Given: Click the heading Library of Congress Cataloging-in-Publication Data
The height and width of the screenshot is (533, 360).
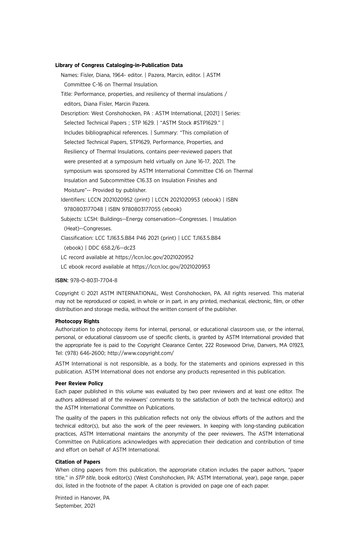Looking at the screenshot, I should click(119, 65).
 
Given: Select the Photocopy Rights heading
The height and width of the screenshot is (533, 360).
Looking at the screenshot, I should click(77, 321).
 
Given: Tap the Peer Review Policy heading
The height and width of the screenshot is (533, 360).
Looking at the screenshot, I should click(79, 383).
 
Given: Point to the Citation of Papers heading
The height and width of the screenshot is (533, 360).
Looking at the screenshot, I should click(78, 462).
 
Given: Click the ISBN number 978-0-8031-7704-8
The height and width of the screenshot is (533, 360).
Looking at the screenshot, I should click(94, 280).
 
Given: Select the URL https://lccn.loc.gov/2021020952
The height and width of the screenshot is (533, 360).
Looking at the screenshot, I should click(154, 257).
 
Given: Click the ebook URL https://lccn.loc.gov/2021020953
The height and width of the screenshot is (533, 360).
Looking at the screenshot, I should click(171, 267).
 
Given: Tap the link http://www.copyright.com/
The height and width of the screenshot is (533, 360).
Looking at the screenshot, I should click(141, 353).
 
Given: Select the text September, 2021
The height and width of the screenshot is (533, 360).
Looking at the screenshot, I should click(75, 506).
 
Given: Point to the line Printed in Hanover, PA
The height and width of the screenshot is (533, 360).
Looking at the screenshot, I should click(82, 498).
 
